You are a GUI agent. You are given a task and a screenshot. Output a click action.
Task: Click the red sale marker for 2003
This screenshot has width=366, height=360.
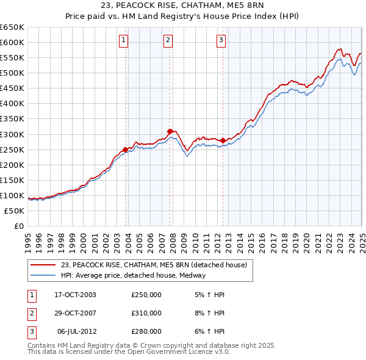pyautogui.click(x=126, y=149)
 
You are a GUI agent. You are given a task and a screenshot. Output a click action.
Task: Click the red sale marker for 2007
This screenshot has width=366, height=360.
pyautogui.click(x=170, y=131)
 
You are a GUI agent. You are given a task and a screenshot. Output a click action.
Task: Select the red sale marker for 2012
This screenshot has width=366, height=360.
pyautogui.click(x=223, y=140)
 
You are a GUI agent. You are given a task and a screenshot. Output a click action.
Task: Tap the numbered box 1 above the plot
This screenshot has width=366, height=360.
pyautogui.click(x=123, y=41)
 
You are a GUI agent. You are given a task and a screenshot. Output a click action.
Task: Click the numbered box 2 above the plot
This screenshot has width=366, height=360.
pyautogui.click(x=168, y=41)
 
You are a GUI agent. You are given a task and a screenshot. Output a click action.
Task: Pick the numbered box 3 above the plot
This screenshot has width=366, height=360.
pyautogui.click(x=220, y=41)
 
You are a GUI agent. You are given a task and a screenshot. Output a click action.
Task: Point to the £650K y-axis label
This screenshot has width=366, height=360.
pyautogui.click(x=12, y=27)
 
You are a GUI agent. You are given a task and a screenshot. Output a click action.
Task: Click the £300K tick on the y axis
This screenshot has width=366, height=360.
pyautogui.click(x=12, y=134)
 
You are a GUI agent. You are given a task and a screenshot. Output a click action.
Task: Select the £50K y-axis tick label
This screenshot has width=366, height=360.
pyautogui.click(x=15, y=211)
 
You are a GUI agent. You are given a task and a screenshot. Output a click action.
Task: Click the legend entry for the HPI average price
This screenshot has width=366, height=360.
pyautogui.click(x=134, y=275)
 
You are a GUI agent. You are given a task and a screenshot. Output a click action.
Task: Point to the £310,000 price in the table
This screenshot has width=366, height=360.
pyautogui.click(x=146, y=313)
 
